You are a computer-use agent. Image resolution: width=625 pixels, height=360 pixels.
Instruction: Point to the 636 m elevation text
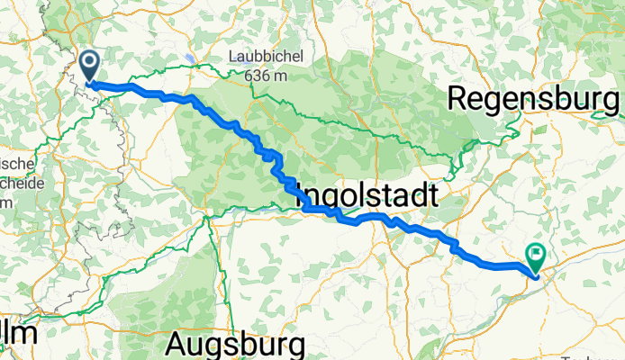[266, 76]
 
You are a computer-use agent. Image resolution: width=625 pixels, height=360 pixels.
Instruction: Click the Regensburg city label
[532, 99]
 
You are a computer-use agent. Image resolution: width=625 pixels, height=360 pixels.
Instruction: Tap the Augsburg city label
[236, 344]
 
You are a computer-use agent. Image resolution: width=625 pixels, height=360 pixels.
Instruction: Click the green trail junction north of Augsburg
[208, 216]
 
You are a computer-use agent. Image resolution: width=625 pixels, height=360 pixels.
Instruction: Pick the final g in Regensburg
[609, 101]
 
